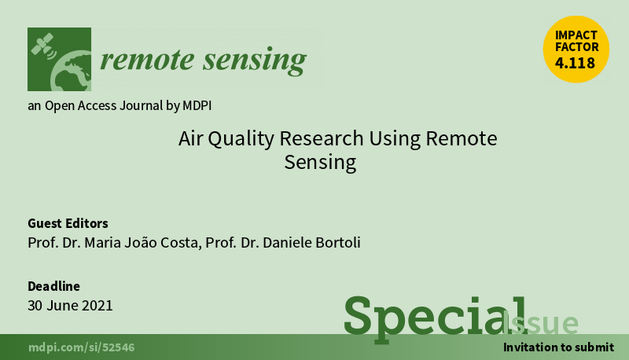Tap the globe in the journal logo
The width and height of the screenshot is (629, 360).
pyautogui.click(x=71, y=71)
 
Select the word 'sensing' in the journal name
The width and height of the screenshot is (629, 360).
pyautogui.click(x=255, y=61)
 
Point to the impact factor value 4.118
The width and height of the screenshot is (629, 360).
pyautogui.click(x=575, y=63)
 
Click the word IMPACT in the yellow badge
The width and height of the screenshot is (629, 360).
pyautogui.click(x=576, y=35)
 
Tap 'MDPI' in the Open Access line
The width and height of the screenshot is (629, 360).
pyautogui.click(x=197, y=105)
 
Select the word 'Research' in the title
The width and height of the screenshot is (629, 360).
pyautogui.click(x=322, y=138)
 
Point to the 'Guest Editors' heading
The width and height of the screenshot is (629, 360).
pyautogui.click(x=68, y=223)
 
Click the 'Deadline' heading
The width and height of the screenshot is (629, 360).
pyautogui.click(x=53, y=286)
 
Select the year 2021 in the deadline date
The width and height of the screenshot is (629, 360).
pyautogui.click(x=97, y=306)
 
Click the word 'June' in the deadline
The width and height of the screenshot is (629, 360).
pyautogui.click(x=63, y=306)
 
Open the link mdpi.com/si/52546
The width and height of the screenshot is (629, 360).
pyautogui.click(x=82, y=347)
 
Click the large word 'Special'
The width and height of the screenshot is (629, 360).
pyautogui.click(x=436, y=318)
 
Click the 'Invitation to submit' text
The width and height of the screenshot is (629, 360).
pyautogui.click(x=558, y=347)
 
